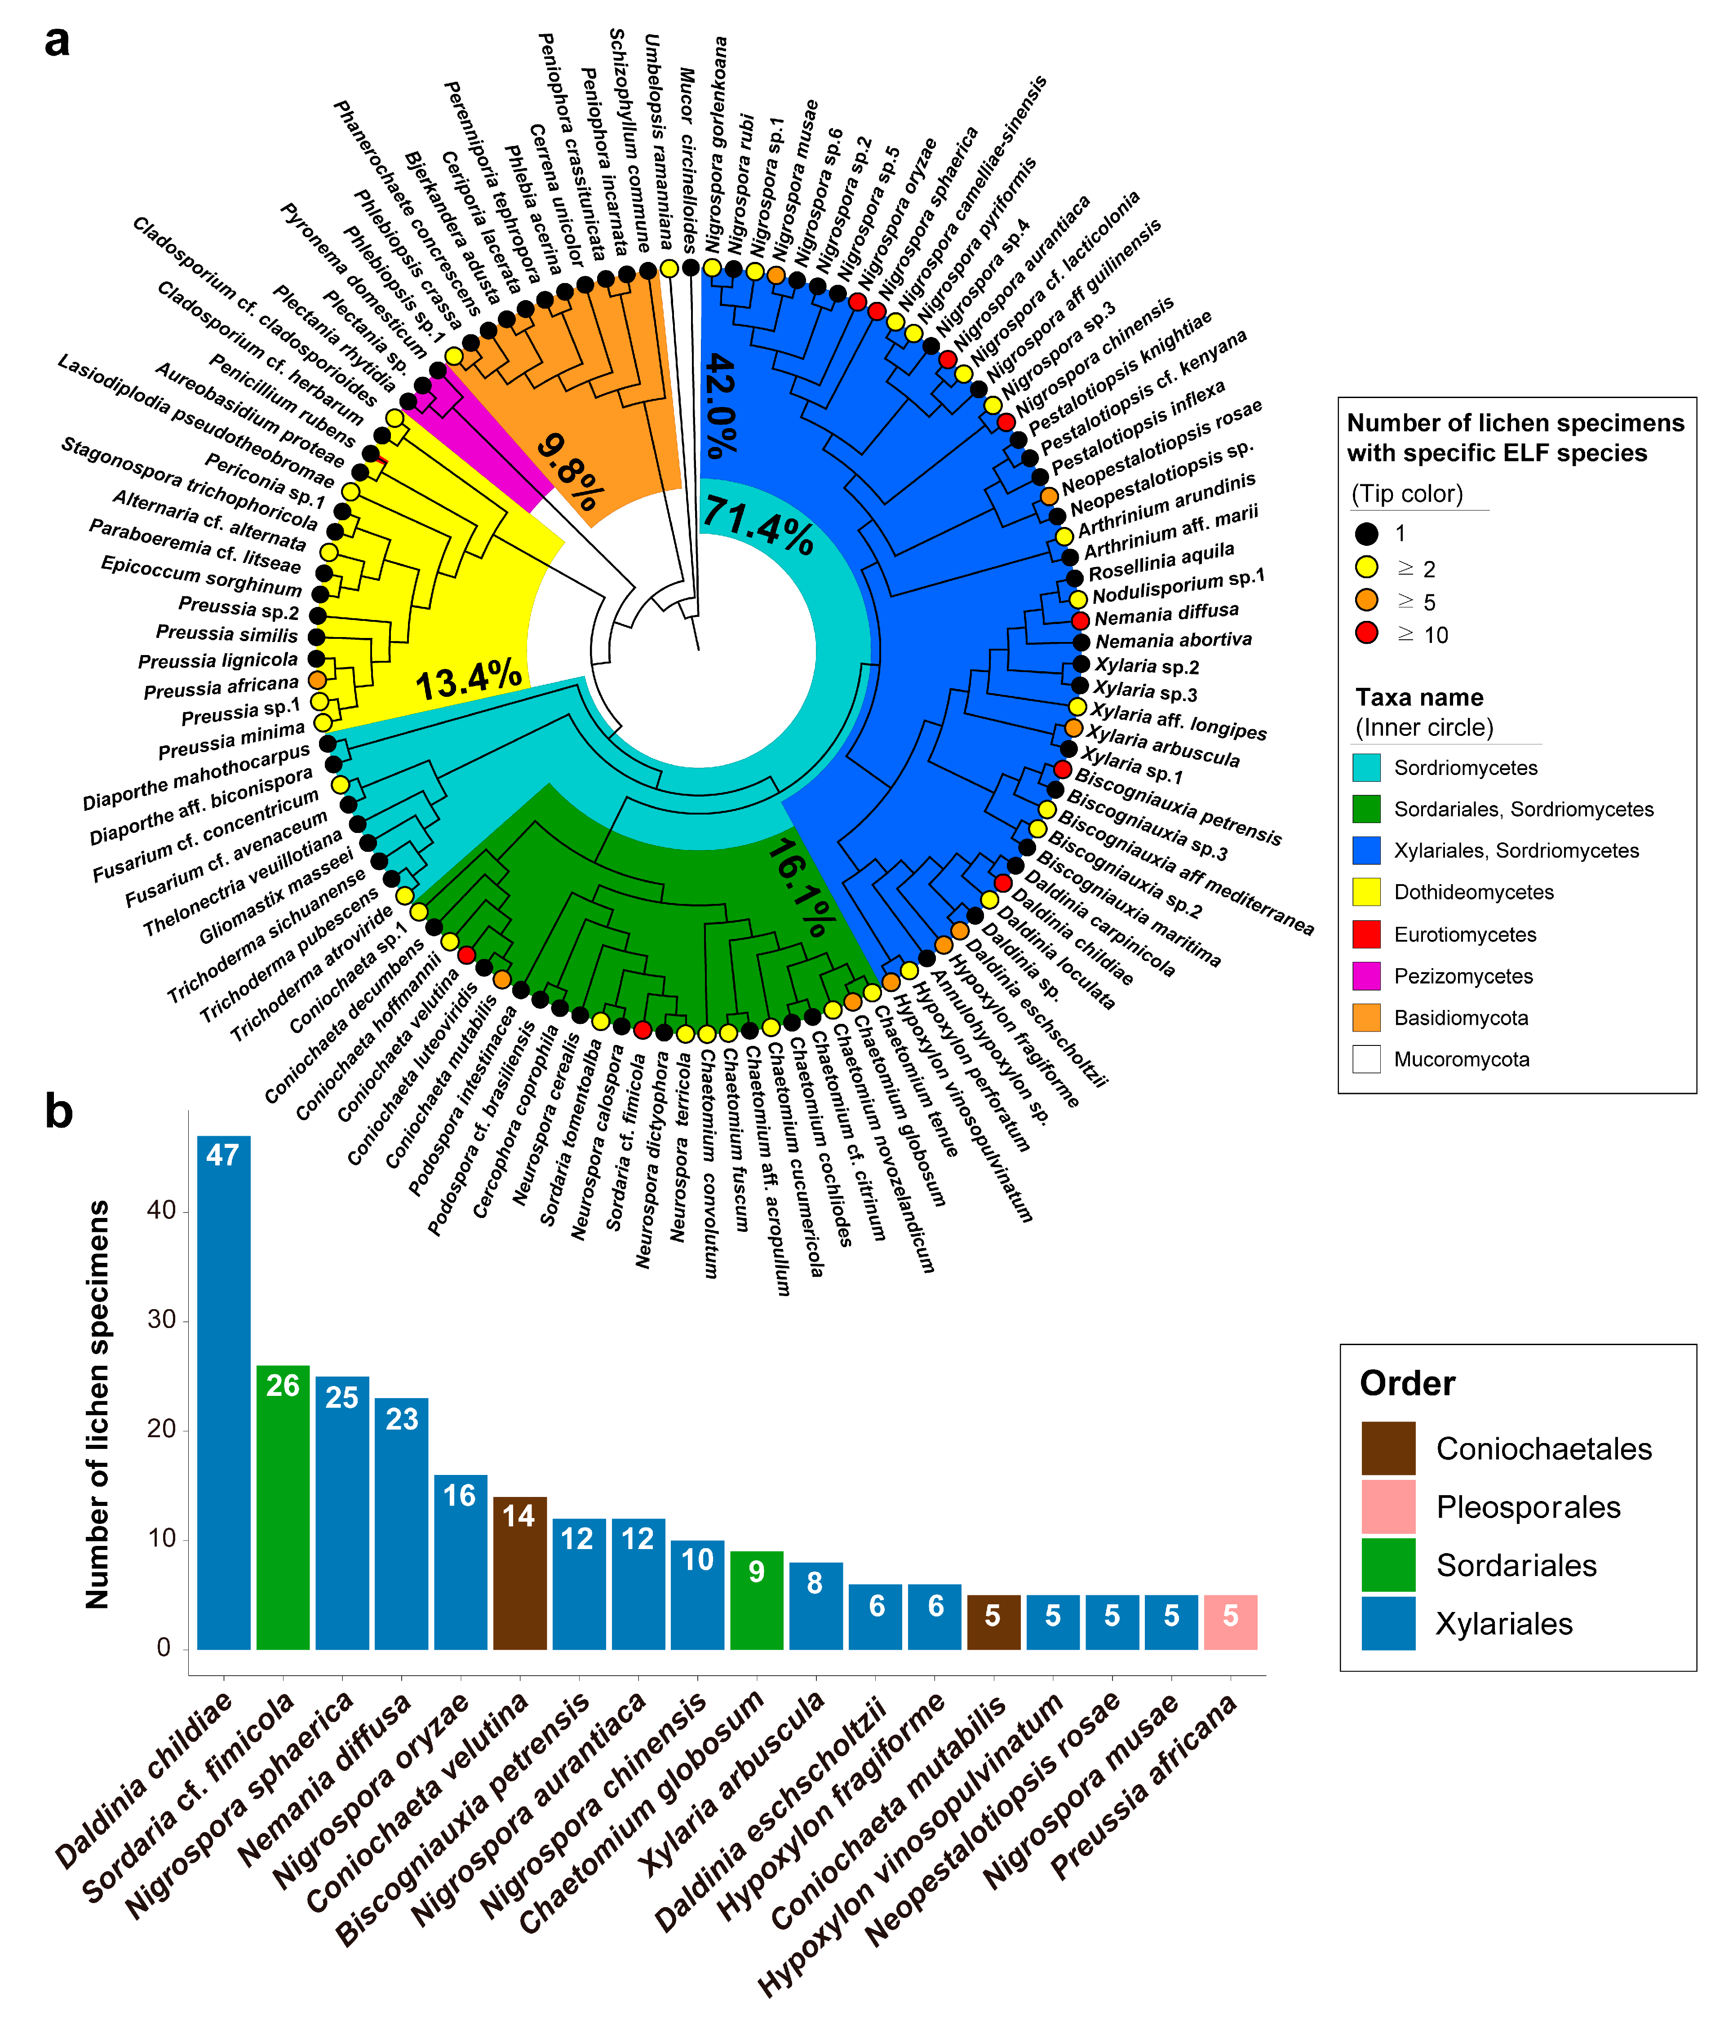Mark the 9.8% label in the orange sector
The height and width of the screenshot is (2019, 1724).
(570, 473)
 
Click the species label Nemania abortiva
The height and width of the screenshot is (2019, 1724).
(1174, 640)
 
